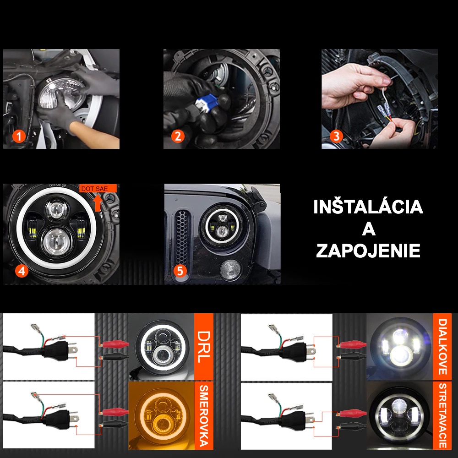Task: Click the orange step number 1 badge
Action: (x=19, y=136)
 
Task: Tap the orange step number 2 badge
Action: (x=178, y=136)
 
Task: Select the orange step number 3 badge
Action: (x=336, y=136)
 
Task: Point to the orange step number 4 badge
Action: (x=22, y=271)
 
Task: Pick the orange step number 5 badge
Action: (x=180, y=271)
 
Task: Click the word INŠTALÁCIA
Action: (x=368, y=207)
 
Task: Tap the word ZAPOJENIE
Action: (x=368, y=251)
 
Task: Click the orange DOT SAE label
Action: (x=98, y=188)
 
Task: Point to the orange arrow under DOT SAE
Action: (x=98, y=202)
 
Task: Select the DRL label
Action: (x=204, y=347)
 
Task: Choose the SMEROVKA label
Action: (x=204, y=416)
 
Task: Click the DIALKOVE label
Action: (x=442, y=347)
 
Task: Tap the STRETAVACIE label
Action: (x=442, y=415)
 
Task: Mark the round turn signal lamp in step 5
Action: (x=230, y=270)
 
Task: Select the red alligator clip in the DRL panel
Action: (x=114, y=345)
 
